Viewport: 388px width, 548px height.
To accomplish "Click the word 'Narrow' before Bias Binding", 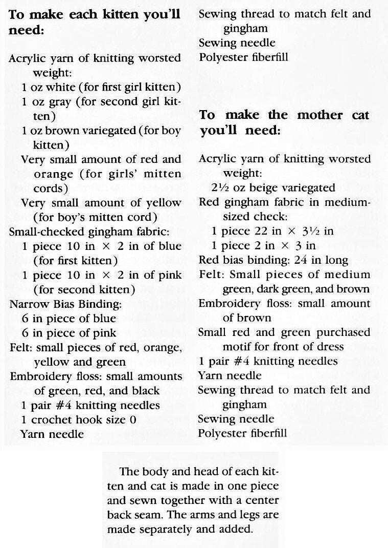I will click(27, 304).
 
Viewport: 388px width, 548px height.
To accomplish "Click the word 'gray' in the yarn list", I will click(58, 101).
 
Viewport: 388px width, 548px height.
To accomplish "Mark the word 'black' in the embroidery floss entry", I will click(145, 391).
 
